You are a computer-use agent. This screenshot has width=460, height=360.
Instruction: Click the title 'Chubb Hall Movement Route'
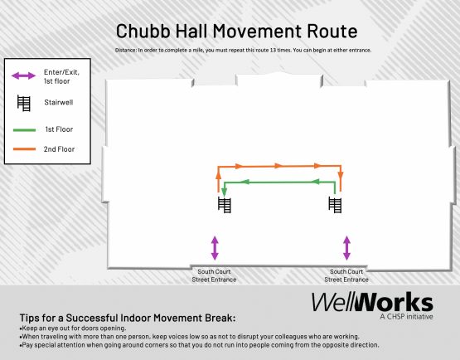(236, 32)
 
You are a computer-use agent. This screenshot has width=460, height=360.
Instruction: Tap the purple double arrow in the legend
(24, 76)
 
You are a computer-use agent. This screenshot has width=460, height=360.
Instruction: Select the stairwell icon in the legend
(24, 104)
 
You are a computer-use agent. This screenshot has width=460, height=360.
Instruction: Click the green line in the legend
(24, 129)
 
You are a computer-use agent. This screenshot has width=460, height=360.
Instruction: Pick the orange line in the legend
(24, 149)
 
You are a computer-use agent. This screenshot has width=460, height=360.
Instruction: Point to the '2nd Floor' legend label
(60, 149)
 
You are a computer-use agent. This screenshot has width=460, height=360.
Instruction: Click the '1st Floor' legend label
(59, 129)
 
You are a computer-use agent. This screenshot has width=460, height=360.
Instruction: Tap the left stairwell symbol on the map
(225, 205)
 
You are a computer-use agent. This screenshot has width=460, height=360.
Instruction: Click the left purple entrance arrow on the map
(215, 247)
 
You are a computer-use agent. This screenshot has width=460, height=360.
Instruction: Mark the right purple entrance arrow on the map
(346, 247)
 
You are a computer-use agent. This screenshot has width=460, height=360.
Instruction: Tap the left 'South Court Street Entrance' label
(215, 275)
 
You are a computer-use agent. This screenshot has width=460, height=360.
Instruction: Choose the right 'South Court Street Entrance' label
(346, 275)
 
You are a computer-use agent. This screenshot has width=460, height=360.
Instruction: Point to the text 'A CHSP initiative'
(405, 316)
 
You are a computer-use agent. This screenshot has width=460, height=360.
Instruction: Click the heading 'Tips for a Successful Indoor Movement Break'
(127, 319)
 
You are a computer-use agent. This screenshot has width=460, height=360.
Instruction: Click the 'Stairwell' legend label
(58, 104)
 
